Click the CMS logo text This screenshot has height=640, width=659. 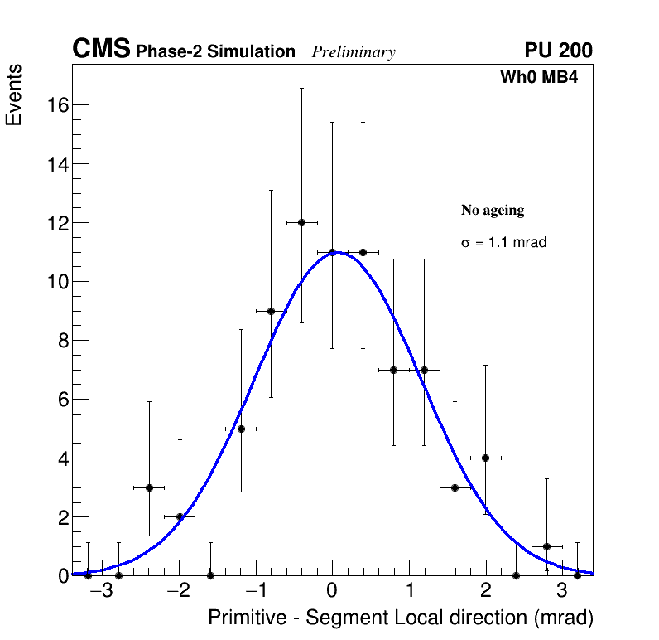(x=101, y=50)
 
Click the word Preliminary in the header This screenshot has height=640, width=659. (x=354, y=52)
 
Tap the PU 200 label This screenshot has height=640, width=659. (x=558, y=51)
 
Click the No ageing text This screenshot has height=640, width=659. (x=493, y=211)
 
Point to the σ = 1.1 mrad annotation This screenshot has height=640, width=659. (x=503, y=243)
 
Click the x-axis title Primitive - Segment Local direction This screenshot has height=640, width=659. (x=401, y=618)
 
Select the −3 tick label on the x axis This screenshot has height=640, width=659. (x=101, y=591)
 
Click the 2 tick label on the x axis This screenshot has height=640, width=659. (x=485, y=591)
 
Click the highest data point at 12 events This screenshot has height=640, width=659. (x=301, y=222)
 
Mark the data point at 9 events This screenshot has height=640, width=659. (x=271, y=311)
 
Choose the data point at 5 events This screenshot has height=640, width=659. (x=241, y=429)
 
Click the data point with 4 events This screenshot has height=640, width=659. (x=485, y=458)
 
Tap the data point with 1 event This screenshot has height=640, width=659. (x=546, y=546)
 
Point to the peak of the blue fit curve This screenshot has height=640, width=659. (x=333, y=252)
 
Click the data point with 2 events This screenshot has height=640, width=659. (x=180, y=516)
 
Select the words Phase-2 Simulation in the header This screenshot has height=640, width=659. (x=215, y=52)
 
